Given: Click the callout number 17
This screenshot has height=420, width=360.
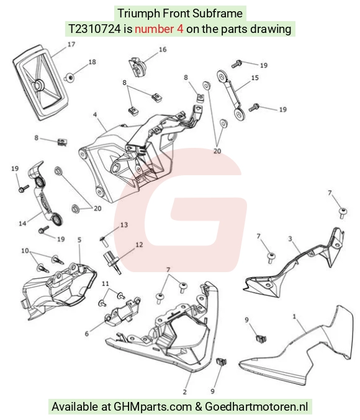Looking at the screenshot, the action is [x=71, y=44].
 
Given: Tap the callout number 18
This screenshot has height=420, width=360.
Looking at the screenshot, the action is [x=92, y=62].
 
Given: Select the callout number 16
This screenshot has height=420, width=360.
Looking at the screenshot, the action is [x=163, y=50].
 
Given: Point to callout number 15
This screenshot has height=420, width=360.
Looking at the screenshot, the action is [x=255, y=78].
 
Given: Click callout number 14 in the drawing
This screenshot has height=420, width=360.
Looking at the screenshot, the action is [x=22, y=223].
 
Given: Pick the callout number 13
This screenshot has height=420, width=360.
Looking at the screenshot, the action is [x=124, y=225].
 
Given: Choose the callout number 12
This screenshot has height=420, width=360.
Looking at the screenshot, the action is [x=139, y=245].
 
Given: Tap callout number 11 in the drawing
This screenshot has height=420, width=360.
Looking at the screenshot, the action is [x=106, y=283].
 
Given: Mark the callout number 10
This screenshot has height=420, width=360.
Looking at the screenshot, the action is [x=25, y=251].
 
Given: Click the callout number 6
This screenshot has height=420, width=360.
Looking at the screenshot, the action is [x=86, y=334].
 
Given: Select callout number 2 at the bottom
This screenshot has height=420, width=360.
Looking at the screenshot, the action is [x=185, y=392].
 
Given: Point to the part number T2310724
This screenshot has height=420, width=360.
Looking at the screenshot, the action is [x=95, y=29].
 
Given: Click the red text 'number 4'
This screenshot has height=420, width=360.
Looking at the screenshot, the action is [x=159, y=29].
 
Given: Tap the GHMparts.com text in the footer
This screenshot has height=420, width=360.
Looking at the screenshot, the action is [x=153, y=406].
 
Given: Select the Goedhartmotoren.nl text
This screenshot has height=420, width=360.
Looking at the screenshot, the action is [x=256, y=406].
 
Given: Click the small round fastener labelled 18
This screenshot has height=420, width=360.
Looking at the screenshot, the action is [x=70, y=78].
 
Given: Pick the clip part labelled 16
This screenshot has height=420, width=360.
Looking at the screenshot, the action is [x=138, y=68].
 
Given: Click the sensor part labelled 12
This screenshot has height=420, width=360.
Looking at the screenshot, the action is [x=113, y=262].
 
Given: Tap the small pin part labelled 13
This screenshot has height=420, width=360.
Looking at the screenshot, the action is [x=103, y=241].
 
